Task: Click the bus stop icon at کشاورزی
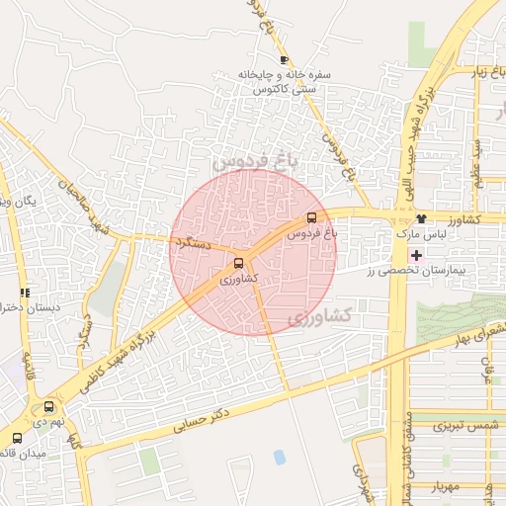point(238,263)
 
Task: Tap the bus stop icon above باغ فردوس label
point(312,217)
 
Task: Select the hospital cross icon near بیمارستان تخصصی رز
point(417,254)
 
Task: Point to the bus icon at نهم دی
point(49,406)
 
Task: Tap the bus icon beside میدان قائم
point(17,438)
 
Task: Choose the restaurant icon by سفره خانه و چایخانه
point(285,60)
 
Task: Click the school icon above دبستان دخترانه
point(25,293)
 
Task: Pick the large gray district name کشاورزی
point(320,317)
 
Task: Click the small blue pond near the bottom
point(280,457)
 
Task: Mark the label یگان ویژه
point(18,201)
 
